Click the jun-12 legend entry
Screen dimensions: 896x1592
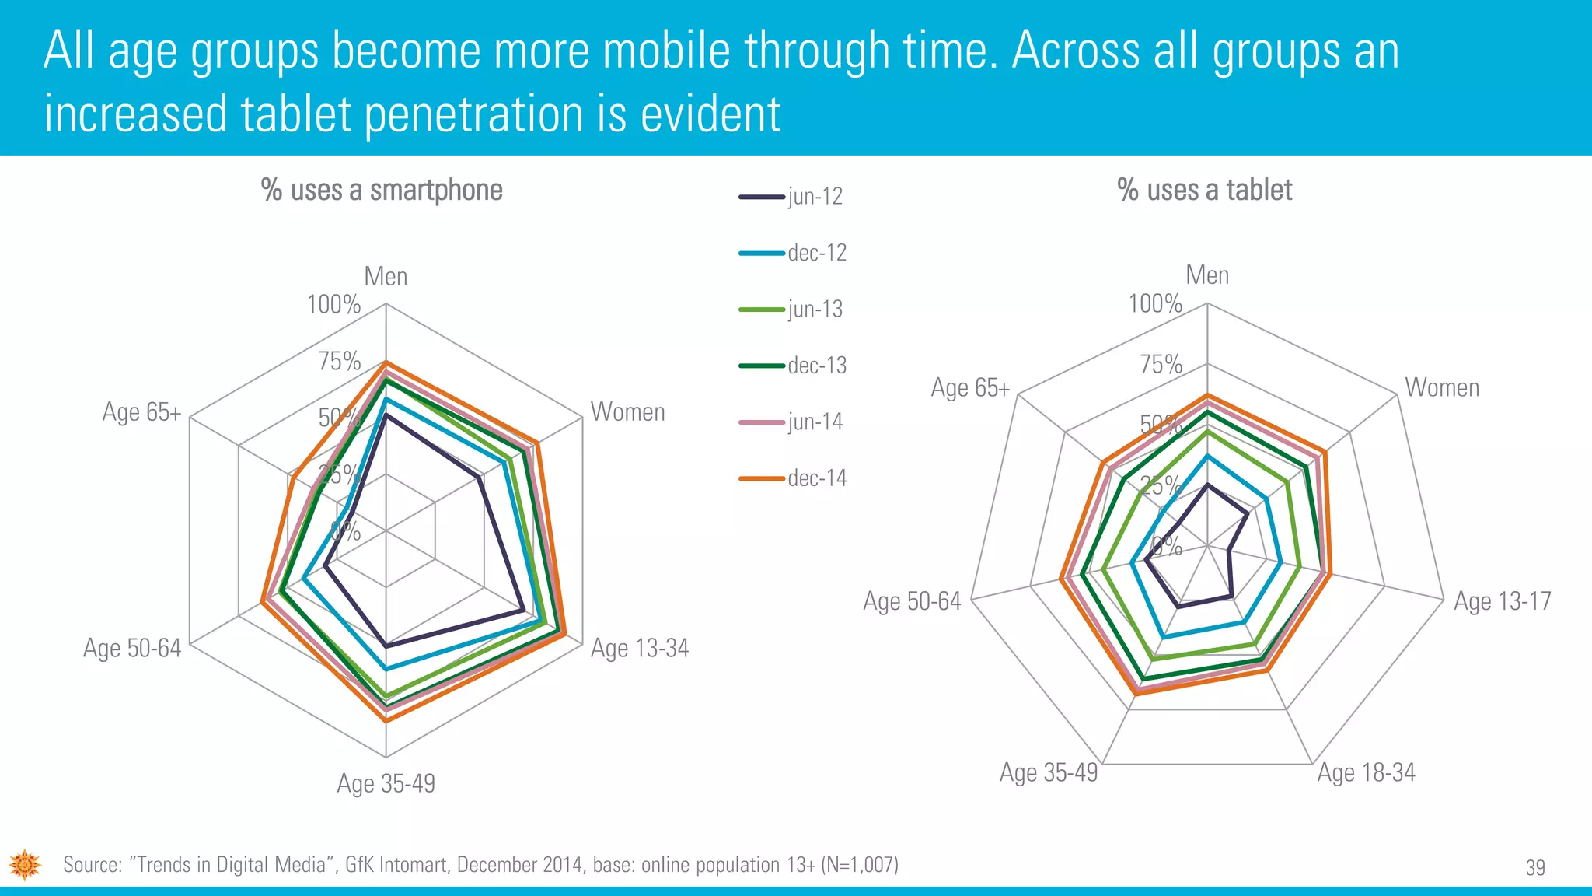coord(791,197)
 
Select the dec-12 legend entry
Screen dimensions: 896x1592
coord(793,253)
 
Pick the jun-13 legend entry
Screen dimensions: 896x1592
coord(791,310)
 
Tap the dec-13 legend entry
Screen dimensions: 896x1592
coord(793,366)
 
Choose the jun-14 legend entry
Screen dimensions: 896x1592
coord(791,422)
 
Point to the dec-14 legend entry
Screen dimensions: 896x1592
coord(793,478)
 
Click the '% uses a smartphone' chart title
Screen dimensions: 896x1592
coord(382,190)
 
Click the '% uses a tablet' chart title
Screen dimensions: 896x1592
coord(1204,190)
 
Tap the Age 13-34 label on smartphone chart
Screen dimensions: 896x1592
coord(640,648)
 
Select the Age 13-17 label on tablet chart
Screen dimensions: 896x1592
coord(1502,601)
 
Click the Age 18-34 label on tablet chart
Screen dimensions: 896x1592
coord(1366,772)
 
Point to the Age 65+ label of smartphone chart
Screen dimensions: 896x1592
coord(141,412)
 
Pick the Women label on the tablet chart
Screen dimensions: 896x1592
coord(1442,387)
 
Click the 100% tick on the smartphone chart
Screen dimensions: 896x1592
coord(334,304)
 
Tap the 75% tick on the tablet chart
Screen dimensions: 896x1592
coord(1161,364)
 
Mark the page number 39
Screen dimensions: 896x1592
coord(1535,867)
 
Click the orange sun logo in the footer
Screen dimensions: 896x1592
coord(25,864)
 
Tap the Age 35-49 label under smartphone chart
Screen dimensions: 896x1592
coord(386,783)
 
